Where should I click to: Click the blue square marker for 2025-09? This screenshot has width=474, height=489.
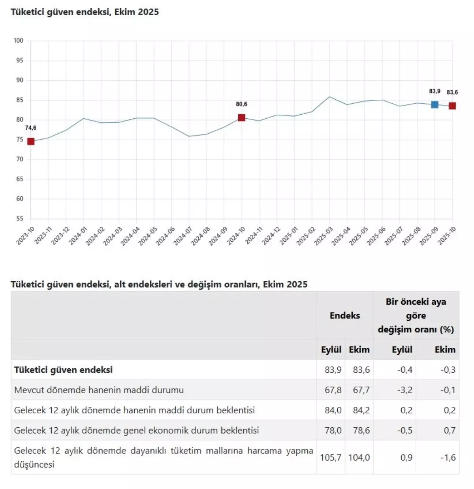tap(434, 104)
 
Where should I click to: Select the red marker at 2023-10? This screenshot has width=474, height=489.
tap(31, 141)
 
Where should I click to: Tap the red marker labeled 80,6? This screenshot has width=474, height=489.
tap(241, 118)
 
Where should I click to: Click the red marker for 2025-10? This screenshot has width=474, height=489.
tap(452, 106)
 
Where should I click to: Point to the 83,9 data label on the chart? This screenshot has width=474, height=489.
tap(434, 91)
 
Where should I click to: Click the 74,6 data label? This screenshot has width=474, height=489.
tap(31, 128)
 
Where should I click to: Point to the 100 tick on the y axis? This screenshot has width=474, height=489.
tap(19, 40)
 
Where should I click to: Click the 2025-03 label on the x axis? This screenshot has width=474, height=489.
tap(324, 236)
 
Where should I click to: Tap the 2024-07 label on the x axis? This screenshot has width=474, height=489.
tap(183, 236)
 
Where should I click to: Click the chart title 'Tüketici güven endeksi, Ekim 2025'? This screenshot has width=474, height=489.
tap(85, 12)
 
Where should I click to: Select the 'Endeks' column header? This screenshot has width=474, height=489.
tap(345, 315)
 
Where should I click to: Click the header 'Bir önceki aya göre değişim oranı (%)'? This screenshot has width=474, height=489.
tap(416, 315)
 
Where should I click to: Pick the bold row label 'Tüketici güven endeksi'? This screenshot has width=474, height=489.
tap(63, 370)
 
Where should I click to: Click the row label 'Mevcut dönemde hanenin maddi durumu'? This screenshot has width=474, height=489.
tap(99, 390)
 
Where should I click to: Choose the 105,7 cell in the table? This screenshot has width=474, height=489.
tap(331, 457)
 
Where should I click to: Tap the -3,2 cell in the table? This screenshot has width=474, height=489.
tap(404, 390)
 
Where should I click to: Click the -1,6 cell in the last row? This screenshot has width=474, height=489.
tap(448, 457)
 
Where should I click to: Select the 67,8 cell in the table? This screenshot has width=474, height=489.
tap(333, 390)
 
